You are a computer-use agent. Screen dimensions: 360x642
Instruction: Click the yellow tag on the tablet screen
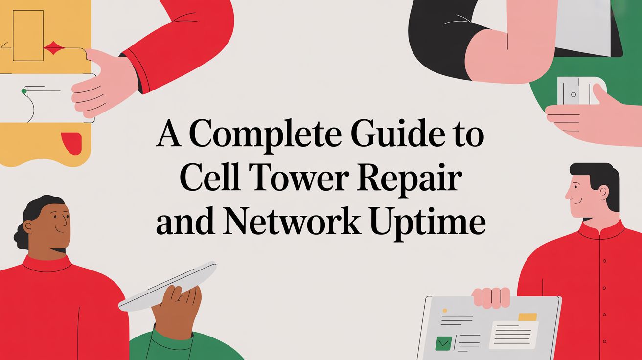pyautogui.click(x=527, y=317)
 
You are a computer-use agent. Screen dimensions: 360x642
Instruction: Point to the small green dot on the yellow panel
pyautogui.click(x=23, y=91)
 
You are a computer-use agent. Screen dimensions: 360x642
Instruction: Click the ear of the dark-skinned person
pyautogui.click(x=28, y=226)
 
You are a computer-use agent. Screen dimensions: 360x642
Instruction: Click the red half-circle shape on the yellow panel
pyautogui.click(x=71, y=141)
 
